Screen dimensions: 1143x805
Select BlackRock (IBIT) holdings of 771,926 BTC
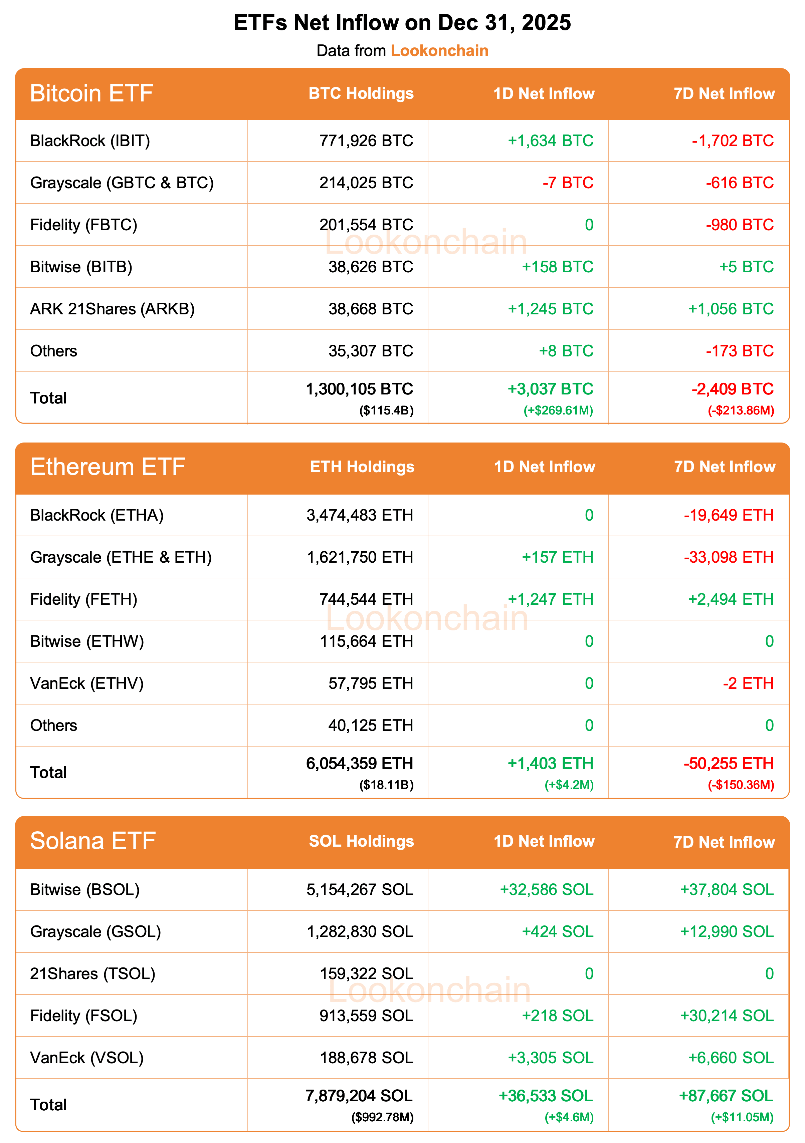366,141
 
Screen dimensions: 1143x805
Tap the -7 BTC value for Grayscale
568,183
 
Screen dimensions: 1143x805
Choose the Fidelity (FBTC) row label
84,225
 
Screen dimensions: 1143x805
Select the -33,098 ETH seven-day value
728,557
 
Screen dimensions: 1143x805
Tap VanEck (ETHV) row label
87,683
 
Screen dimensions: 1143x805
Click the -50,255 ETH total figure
728,764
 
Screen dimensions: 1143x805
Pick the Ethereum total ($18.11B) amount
386,785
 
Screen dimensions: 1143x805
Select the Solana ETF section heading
93,841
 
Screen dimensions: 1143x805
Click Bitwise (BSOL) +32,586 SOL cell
547,890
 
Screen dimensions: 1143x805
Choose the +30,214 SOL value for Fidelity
727,1016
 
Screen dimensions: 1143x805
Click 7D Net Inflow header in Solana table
724,842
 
